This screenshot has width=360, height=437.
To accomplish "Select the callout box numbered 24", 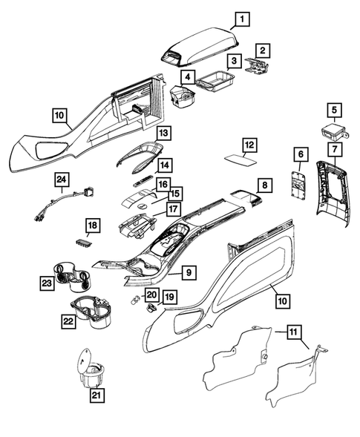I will (62, 180).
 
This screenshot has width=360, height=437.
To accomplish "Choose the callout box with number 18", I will (93, 224).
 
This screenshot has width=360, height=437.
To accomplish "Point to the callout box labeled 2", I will (263, 51).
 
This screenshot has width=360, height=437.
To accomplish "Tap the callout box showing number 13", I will (163, 134).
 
